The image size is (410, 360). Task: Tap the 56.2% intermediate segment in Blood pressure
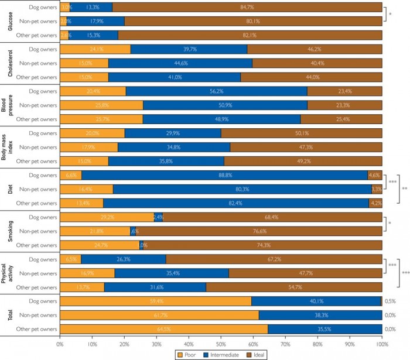(217, 91)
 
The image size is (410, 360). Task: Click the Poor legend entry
(189, 355)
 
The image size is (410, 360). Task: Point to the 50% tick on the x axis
(221, 345)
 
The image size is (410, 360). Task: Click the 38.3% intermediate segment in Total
(320, 314)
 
